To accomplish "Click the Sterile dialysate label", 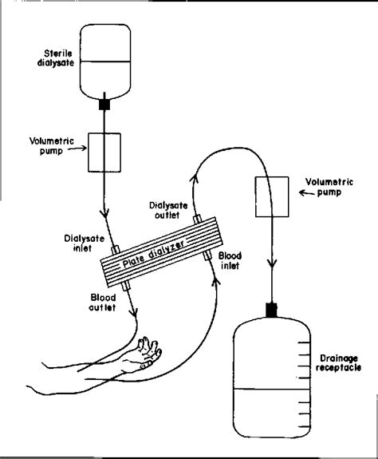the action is click(56, 58).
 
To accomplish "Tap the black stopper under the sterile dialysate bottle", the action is click(104, 105).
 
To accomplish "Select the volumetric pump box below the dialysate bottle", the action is click(104, 152).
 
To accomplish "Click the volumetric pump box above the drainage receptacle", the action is click(272, 196).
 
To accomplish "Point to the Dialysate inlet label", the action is click(84, 243).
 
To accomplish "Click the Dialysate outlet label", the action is click(168, 210).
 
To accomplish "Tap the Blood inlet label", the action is click(230, 260).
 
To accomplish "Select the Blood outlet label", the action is click(103, 303).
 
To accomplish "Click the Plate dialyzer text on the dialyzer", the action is click(153, 254).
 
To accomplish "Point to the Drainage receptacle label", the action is click(338, 363).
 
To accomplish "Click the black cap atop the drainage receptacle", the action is click(271, 310).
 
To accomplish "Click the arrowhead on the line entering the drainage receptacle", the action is click(272, 263).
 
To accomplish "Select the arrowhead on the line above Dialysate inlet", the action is click(104, 213).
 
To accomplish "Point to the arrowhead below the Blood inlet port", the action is click(216, 281).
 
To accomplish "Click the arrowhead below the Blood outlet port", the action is click(134, 313).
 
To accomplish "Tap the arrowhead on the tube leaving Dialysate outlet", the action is click(194, 179).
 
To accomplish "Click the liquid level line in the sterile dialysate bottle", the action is click(105, 61).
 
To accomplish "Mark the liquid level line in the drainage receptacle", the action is click(272, 390).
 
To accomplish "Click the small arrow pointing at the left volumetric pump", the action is click(77, 148).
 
